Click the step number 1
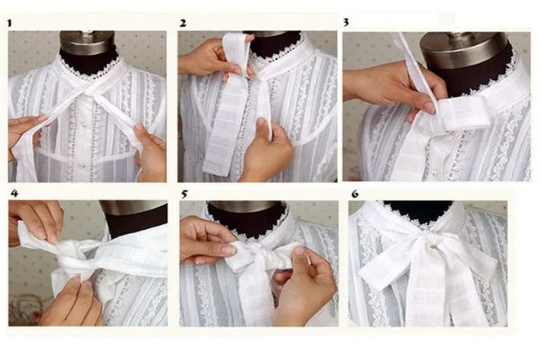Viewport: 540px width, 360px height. [x=10, y=22]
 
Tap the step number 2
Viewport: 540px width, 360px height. [x=183, y=22]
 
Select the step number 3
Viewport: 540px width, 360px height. [x=346, y=22]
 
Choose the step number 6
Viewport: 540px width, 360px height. [x=355, y=193]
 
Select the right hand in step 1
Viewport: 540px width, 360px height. [x=151, y=153]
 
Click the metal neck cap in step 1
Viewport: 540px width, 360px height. [x=88, y=38]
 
